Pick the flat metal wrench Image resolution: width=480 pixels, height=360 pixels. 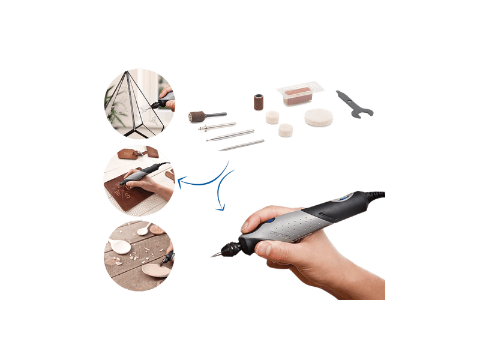click(x=353, y=103)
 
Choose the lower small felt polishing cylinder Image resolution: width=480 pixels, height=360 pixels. click(x=287, y=130)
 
